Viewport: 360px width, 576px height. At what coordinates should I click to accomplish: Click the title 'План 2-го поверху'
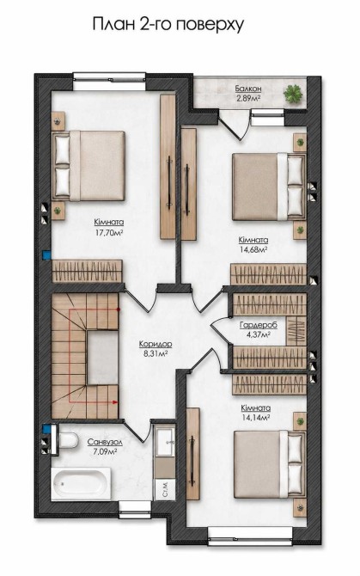pyautogui.click(x=168, y=25)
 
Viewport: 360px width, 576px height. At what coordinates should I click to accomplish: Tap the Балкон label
pyautogui.click(x=248, y=89)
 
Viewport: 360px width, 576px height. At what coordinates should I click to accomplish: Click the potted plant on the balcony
pyautogui.click(x=294, y=94)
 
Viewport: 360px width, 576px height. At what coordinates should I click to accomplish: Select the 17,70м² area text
pyautogui.click(x=108, y=232)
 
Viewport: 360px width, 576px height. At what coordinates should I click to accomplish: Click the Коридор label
pyautogui.click(x=156, y=344)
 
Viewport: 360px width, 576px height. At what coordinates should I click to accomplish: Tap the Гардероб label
pyautogui.click(x=259, y=325)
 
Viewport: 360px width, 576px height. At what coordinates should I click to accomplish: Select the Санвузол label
pyautogui.click(x=105, y=442)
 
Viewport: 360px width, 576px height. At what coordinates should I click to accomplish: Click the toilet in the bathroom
pyautogui.click(x=69, y=440)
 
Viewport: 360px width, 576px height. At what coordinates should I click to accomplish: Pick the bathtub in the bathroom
pyautogui.click(x=81, y=483)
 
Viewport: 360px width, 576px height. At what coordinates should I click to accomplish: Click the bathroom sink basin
pyautogui.click(x=164, y=441)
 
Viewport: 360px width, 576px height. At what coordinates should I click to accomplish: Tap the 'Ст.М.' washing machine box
pyautogui.click(x=165, y=489)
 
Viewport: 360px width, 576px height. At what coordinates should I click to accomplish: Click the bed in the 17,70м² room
pyautogui.click(x=89, y=166)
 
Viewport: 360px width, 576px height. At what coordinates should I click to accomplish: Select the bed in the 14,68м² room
pyautogui.click(x=269, y=187)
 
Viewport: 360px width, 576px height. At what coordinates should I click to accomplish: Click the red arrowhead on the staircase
pyautogui.click(x=115, y=401)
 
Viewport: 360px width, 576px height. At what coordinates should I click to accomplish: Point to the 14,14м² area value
pyautogui.click(x=256, y=417)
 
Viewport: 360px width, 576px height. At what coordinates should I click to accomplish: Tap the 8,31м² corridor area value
pyautogui.click(x=156, y=353)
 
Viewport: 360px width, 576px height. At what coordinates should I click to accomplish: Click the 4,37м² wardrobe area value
pyautogui.click(x=259, y=334)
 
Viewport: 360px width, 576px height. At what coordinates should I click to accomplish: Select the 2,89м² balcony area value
pyautogui.click(x=248, y=98)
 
